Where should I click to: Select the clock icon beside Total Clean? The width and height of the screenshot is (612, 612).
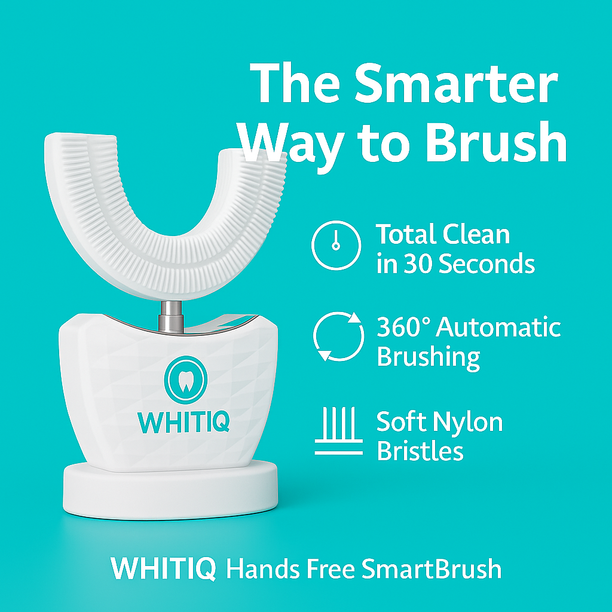pos(336,246)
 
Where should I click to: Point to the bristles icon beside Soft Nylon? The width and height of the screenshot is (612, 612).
pos(338,432)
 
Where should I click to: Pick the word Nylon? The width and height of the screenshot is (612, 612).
pos(468,423)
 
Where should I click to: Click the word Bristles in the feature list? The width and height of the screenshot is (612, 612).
pos(420,451)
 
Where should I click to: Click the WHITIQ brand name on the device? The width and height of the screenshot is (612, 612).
pos(183,421)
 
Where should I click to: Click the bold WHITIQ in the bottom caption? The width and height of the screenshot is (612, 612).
pos(163,568)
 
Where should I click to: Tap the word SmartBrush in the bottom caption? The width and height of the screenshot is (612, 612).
pos(432,568)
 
